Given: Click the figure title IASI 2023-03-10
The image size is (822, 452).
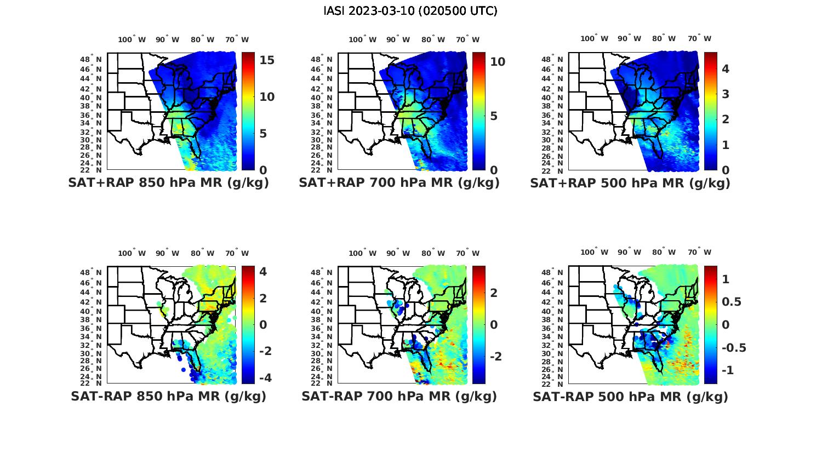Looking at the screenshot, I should pyautogui.click(x=410, y=11).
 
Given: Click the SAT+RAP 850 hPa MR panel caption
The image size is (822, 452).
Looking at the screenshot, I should pyautogui.click(x=168, y=183).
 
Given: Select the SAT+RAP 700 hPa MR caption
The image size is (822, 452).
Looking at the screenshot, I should pyautogui.click(x=399, y=183).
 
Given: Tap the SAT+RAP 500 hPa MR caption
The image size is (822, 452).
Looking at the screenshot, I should pyautogui.click(x=630, y=183).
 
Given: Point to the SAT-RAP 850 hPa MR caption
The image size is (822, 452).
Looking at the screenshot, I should pyautogui.click(x=168, y=396).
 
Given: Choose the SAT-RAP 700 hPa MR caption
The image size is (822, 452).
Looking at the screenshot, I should pyautogui.click(x=399, y=396).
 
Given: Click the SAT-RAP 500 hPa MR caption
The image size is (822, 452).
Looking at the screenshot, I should pyautogui.click(x=630, y=397).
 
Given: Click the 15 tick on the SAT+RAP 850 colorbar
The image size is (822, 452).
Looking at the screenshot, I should pyautogui.click(x=267, y=61).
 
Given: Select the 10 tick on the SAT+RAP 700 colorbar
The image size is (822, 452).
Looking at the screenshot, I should pyautogui.click(x=498, y=62).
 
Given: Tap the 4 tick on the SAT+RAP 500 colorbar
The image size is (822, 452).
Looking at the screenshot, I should pyautogui.click(x=725, y=69).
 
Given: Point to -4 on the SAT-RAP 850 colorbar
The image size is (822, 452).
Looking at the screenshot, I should pyautogui.click(x=264, y=377).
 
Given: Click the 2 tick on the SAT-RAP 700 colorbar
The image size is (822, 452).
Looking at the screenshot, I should pyautogui.click(x=494, y=293).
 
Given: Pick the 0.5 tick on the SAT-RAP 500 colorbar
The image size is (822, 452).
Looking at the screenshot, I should pyautogui.click(x=733, y=302).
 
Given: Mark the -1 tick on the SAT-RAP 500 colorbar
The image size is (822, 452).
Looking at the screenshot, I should pyautogui.click(x=728, y=370).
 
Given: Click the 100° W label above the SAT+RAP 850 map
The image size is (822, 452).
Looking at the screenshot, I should pyautogui.click(x=132, y=39).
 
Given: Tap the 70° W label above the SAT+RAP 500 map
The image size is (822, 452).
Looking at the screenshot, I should pyautogui.click(x=699, y=38).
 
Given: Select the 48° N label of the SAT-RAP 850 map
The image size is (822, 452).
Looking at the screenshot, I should pyautogui.click(x=91, y=273).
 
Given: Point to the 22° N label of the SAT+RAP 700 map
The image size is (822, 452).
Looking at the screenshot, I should pyautogui.click(x=322, y=170).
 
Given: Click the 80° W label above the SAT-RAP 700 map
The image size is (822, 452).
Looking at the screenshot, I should pyautogui.click(x=433, y=253).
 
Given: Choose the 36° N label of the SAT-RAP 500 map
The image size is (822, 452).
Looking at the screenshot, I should pyautogui.click(x=552, y=328).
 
